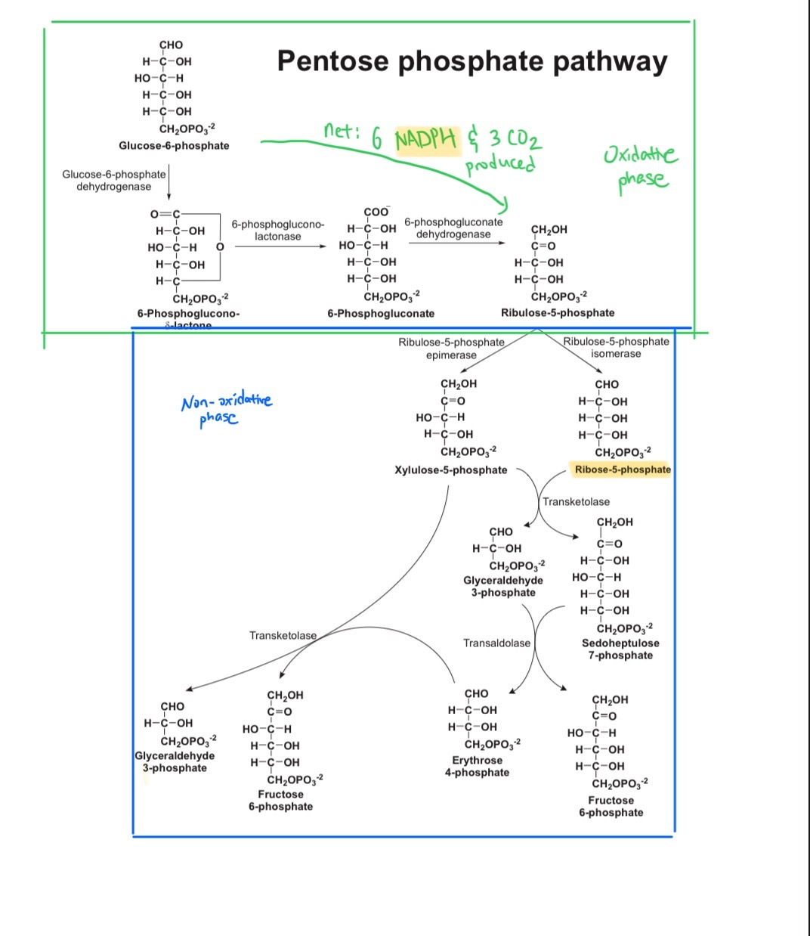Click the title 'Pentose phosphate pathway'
click(x=472, y=60)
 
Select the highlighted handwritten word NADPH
click(x=426, y=138)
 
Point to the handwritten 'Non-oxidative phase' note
click(x=226, y=408)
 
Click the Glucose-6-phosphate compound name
click(x=174, y=146)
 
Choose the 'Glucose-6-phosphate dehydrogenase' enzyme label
click(x=113, y=180)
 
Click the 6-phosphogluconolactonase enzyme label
click(x=277, y=231)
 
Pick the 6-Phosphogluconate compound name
click(x=381, y=314)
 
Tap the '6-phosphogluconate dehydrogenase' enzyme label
click(x=453, y=228)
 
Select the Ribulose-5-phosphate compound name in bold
click(x=558, y=313)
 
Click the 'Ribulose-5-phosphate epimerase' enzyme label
click(x=451, y=349)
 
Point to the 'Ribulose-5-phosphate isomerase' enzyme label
click(x=616, y=348)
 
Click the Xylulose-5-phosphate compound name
click(x=451, y=470)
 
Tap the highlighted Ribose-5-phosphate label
click(x=623, y=470)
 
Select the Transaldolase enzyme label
click(x=496, y=643)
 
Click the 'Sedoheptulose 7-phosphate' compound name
click(x=620, y=649)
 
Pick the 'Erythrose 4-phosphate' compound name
click(x=477, y=767)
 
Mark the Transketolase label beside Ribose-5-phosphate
click(x=576, y=502)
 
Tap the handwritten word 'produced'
click(x=500, y=164)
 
